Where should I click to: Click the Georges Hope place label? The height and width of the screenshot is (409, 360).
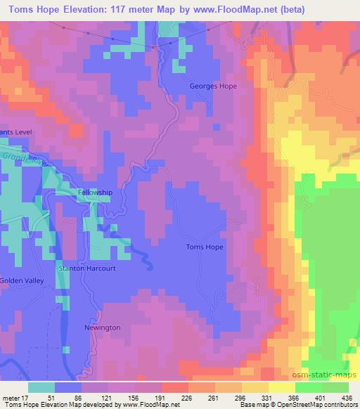click(x=213, y=86)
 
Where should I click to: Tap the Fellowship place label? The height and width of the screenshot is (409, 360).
click(x=94, y=192)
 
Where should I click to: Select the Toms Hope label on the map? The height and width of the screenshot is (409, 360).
click(x=205, y=247)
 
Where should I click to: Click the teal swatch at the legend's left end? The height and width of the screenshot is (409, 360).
click(x=42, y=387)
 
